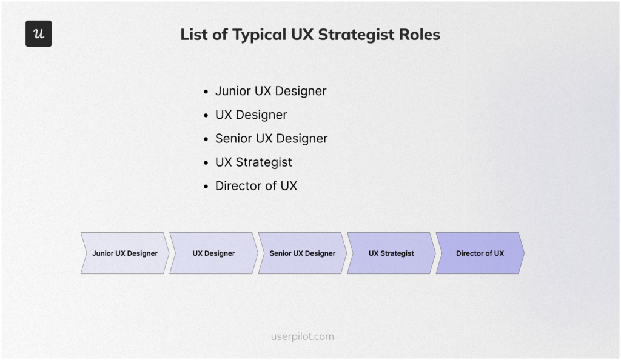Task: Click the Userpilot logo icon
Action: (x=39, y=34)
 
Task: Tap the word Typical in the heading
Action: (x=255, y=35)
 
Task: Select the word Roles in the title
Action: (x=419, y=35)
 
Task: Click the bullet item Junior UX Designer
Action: (x=270, y=91)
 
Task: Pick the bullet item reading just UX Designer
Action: (x=251, y=115)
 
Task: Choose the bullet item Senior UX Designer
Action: (x=271, y=138)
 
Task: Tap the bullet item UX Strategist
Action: (x=253, y=162)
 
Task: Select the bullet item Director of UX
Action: (x=256, y=186)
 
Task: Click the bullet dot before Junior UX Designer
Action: (x=206, y=92)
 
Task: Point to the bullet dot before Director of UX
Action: (x=206, y=187)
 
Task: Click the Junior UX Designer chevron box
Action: (x=125, y=253)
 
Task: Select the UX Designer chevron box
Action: (x=213, y=253)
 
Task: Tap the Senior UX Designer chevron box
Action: (x=302, y=253)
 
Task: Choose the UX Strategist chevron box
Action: (x=391, y=253)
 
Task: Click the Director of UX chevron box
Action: (x=480, y=253)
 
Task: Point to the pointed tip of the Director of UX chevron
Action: (x=523, y=253)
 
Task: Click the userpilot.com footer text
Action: (x=302, y=336)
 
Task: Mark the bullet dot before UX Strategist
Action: (x=206, y=163)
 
